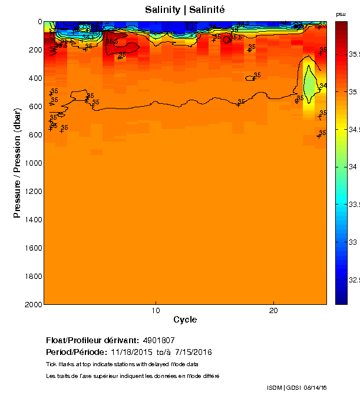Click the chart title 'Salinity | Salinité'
185,9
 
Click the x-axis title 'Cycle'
185,320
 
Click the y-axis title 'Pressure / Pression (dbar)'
18,163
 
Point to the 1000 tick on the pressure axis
33,163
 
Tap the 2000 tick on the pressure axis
33,304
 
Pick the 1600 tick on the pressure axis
33,248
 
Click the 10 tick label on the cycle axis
155,310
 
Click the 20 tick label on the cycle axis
273,310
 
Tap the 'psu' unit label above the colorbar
341,14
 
